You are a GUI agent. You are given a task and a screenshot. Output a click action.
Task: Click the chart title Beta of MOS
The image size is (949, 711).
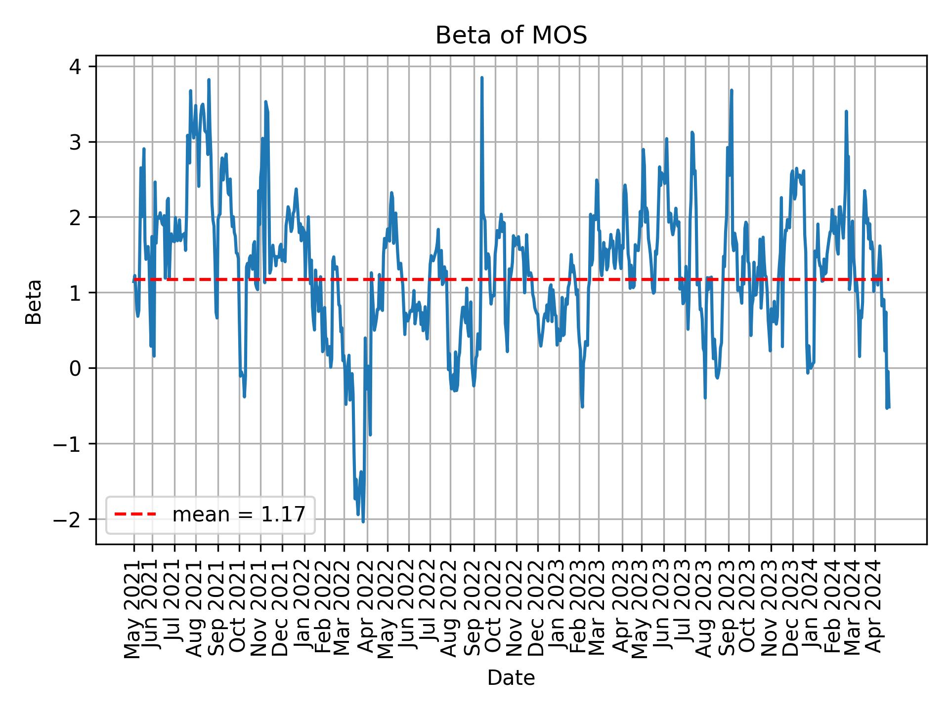511,36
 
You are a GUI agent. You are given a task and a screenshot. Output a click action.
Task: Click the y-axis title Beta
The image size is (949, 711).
34,302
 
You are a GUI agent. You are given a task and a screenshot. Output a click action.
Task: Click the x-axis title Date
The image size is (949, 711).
511,678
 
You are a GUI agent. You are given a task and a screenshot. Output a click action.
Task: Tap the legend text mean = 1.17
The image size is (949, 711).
238,514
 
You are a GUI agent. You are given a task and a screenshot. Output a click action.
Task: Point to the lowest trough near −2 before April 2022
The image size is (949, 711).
363,521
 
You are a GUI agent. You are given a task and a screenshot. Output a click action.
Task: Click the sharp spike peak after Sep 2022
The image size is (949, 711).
481,78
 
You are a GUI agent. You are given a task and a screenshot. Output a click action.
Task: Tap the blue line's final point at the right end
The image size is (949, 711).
889,407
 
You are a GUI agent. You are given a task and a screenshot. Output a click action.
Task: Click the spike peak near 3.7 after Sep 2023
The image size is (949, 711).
731,90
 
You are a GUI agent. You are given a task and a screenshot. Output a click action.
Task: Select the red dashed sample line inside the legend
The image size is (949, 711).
135,514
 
